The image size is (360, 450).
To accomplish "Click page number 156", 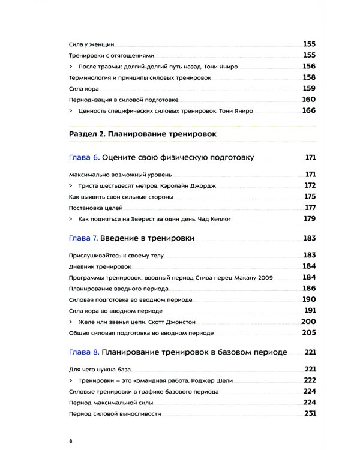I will (x=308, y=66).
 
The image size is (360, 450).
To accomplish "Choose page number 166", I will (x=308, y=110).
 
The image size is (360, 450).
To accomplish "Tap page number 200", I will (x=308, y=321).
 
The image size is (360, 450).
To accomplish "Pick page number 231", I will (x=310, y=413).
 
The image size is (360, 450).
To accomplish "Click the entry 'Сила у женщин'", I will (x=91, y=44).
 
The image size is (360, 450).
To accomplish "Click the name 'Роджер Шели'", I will (x=211, y=381).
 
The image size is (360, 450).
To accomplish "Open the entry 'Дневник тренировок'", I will (x=100, y=266).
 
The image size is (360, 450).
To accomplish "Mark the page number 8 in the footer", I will (x=71, y=441).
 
